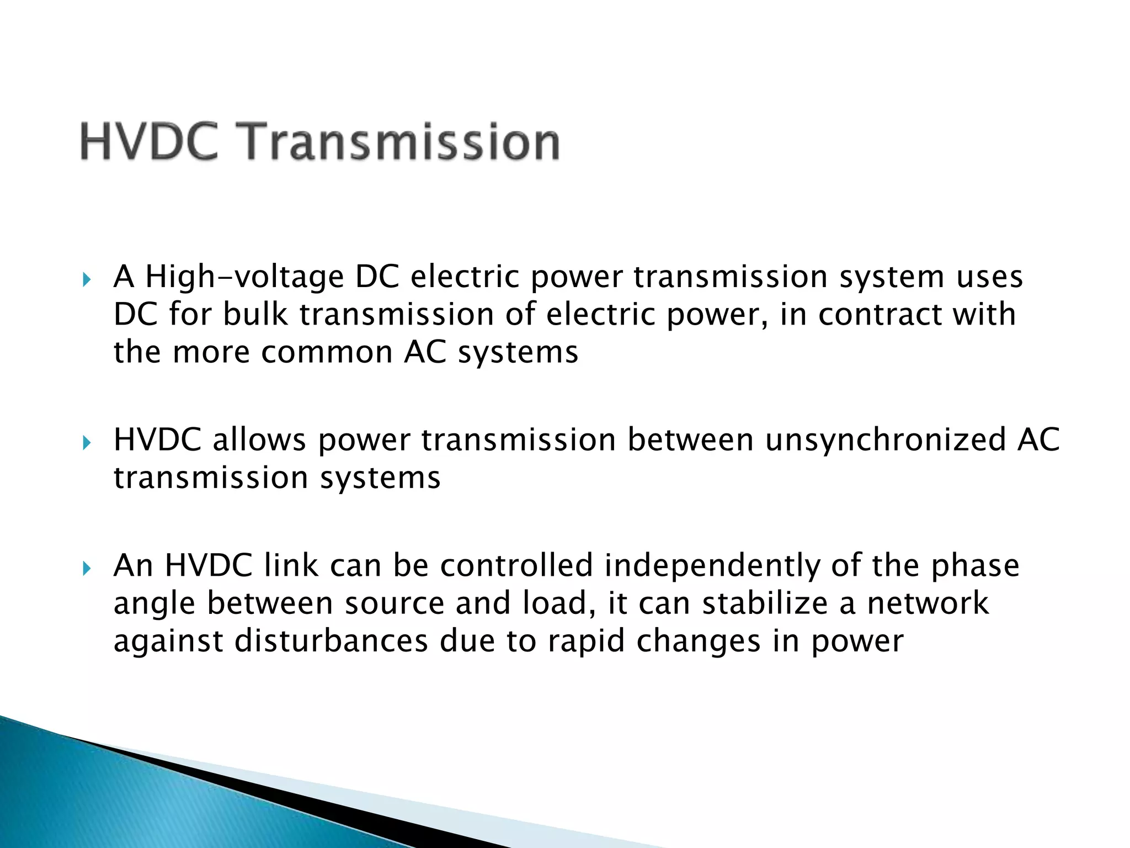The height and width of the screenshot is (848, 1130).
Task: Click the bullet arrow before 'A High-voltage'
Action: (x=86, y=280)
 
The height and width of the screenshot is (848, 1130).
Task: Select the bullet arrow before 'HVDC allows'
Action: (x=86, y=443)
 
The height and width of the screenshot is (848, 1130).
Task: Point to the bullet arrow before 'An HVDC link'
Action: (x=86, y=568)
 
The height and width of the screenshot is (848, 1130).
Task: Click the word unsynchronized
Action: (x=885, y=440)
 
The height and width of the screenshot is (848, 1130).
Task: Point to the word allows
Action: (x=259, y=440)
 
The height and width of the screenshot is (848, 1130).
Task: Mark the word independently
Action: (x=712, y=566)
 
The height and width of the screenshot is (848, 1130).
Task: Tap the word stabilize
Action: (x=765, y=603)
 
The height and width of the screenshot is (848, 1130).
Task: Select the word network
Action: (x=928, y=603)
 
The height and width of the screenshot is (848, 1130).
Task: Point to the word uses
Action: (x=991, y=277)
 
